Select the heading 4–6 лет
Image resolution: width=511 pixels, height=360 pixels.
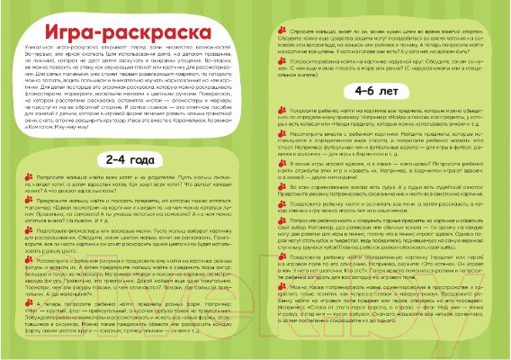tap(381, 92)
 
